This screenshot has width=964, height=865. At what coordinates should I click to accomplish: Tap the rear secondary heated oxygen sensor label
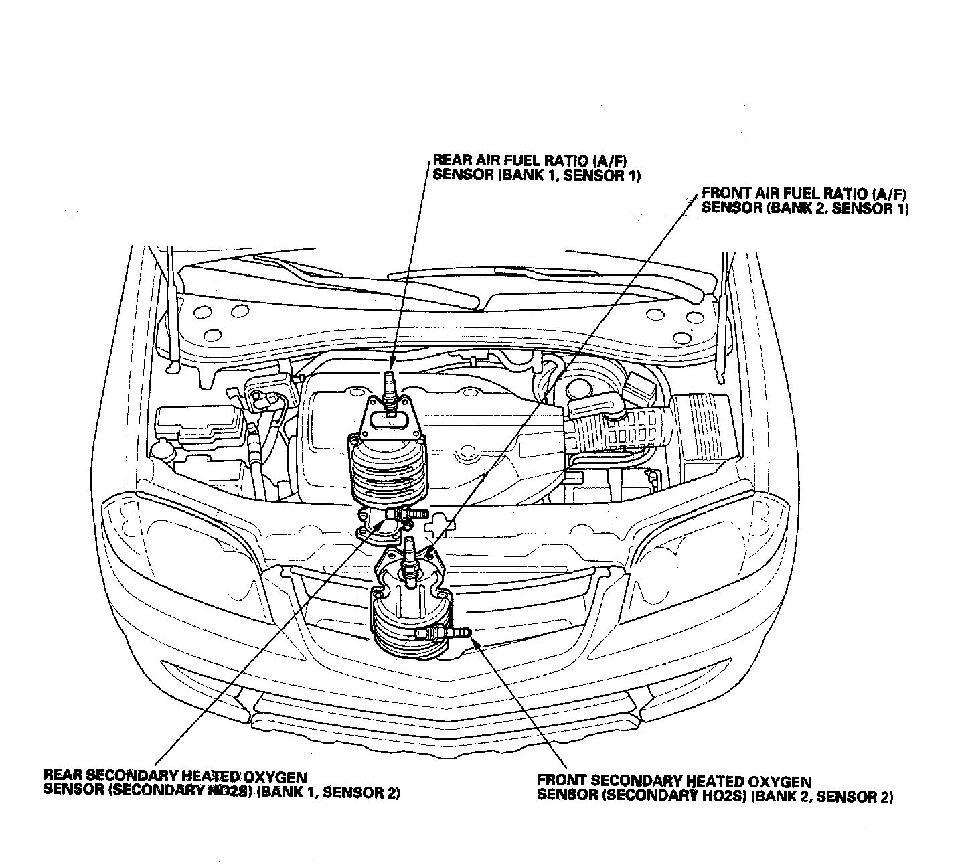point(222,784)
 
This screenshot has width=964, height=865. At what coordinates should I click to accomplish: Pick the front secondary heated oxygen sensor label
point(715,789)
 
